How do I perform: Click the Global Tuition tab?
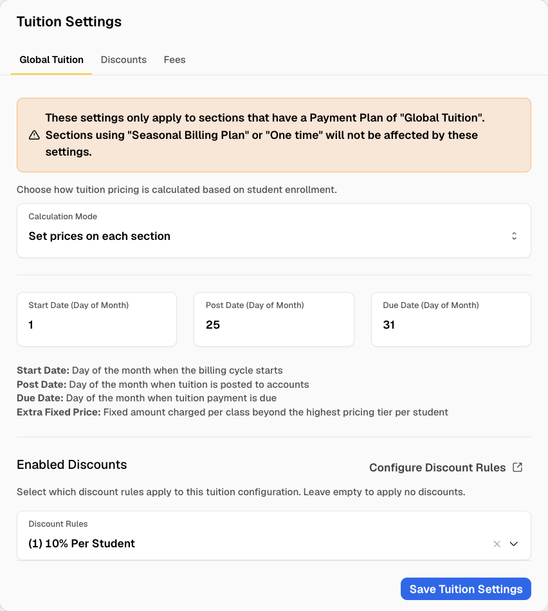click(x=51, y=60)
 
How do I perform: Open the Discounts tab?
click(x=123, y=60)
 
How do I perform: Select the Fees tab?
click(x=174, y=60)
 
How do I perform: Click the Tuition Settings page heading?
click(x=69, y=22)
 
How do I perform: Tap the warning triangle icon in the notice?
click(x=34, y=135)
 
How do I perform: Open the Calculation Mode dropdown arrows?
click(x=514, y=236)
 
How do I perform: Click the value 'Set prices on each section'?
click(x=100, y=236)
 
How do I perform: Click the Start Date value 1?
click(x=31, y=325)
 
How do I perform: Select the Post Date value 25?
click(x=213, y=325)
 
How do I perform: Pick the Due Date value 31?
click(x=389, y=325)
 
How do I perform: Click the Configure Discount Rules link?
click(x=437, y=468)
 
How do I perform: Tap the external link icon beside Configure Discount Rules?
click(x=517, y=467)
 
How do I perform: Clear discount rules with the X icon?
click(x=497, y=544)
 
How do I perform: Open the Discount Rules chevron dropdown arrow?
click(x=514, y=544)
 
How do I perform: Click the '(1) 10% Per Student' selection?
click(x=82, y=543)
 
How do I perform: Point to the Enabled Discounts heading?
click(x=71, y=464)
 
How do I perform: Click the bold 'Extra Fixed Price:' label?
click(x=59, y=412)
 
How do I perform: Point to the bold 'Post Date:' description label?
click(x=41, y=385)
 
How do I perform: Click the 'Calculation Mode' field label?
click(x=63, y=217)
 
